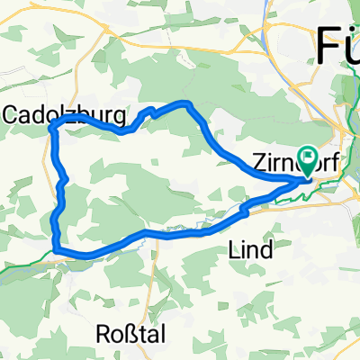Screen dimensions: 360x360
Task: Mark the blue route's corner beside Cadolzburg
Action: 49,130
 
